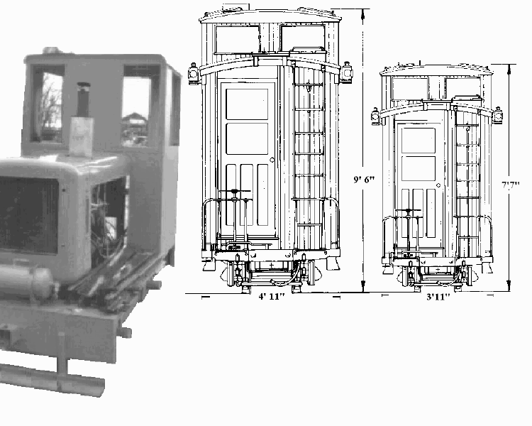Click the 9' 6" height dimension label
364,179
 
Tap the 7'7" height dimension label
511,185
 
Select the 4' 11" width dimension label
272,296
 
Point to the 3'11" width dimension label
438,297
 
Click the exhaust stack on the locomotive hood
83,99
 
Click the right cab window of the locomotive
136,106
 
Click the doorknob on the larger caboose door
272,160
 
